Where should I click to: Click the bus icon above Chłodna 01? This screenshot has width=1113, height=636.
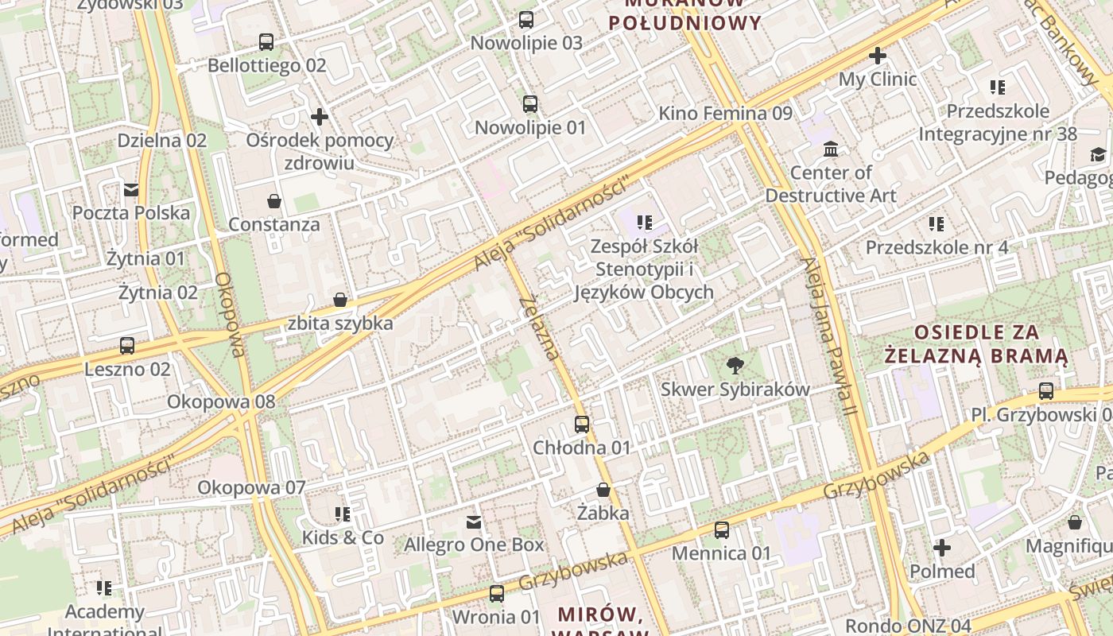(582, 425)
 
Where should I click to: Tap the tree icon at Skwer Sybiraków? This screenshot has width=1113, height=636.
(735, 366)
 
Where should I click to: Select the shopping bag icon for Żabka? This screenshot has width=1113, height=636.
(603, 490)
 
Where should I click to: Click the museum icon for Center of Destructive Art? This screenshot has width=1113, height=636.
(831, 149)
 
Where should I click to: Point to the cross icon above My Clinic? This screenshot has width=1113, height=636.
(878, 56)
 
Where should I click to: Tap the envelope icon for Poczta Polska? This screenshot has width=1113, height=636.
(131, 190)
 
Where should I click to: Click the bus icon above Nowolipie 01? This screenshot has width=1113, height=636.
(530, 104)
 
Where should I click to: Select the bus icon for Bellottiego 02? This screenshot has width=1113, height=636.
(266, 42)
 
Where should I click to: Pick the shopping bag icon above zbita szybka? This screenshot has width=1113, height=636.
(340, 300)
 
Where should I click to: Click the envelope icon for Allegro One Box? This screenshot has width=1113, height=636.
(474, 522)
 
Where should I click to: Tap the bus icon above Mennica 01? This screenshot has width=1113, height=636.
(722, 529)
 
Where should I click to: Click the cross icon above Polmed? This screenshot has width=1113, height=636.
(942, 548)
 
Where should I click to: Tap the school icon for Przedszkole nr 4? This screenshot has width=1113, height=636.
(937, 224)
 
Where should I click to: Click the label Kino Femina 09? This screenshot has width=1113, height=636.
(725, 114)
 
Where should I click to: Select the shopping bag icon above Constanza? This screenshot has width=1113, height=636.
(274, 201)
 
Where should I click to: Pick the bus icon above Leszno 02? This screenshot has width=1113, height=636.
(127, 346)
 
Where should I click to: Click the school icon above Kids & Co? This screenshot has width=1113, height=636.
(343, 514)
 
